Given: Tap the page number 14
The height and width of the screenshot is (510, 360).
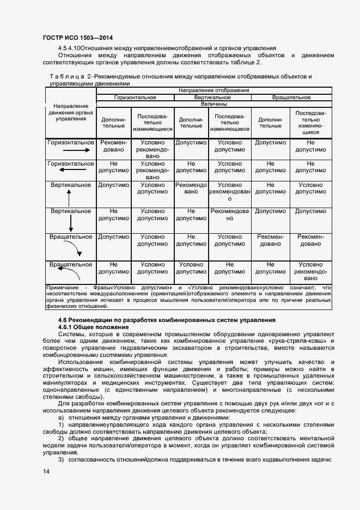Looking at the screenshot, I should coord(46,471).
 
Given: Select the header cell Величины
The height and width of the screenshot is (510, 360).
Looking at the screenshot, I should coord(214,104).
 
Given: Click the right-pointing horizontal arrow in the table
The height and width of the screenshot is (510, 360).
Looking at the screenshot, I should coord(70,154).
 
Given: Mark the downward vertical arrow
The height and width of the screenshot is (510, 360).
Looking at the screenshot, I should coord(71,223).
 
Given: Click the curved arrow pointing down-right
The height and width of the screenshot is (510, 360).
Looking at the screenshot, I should coord(73,248).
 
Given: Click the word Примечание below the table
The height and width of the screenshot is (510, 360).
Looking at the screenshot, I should coord(63,287).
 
